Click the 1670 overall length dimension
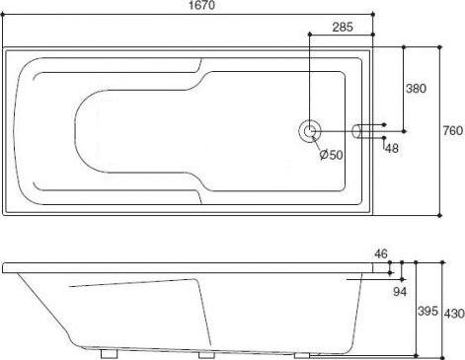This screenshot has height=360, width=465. point(201,5)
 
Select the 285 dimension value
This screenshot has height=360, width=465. point(343,27)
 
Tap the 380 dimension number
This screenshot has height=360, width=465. point(416,89)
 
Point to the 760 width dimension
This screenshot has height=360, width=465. point(453,131)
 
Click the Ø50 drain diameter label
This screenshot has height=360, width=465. point(332,154)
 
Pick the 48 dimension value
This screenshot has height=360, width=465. point(392,149)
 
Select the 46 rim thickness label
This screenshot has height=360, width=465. point(381,253)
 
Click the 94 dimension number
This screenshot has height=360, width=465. point(400,292)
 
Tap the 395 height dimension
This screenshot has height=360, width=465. point(427,311)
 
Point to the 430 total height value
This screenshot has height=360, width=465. point(454,314)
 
